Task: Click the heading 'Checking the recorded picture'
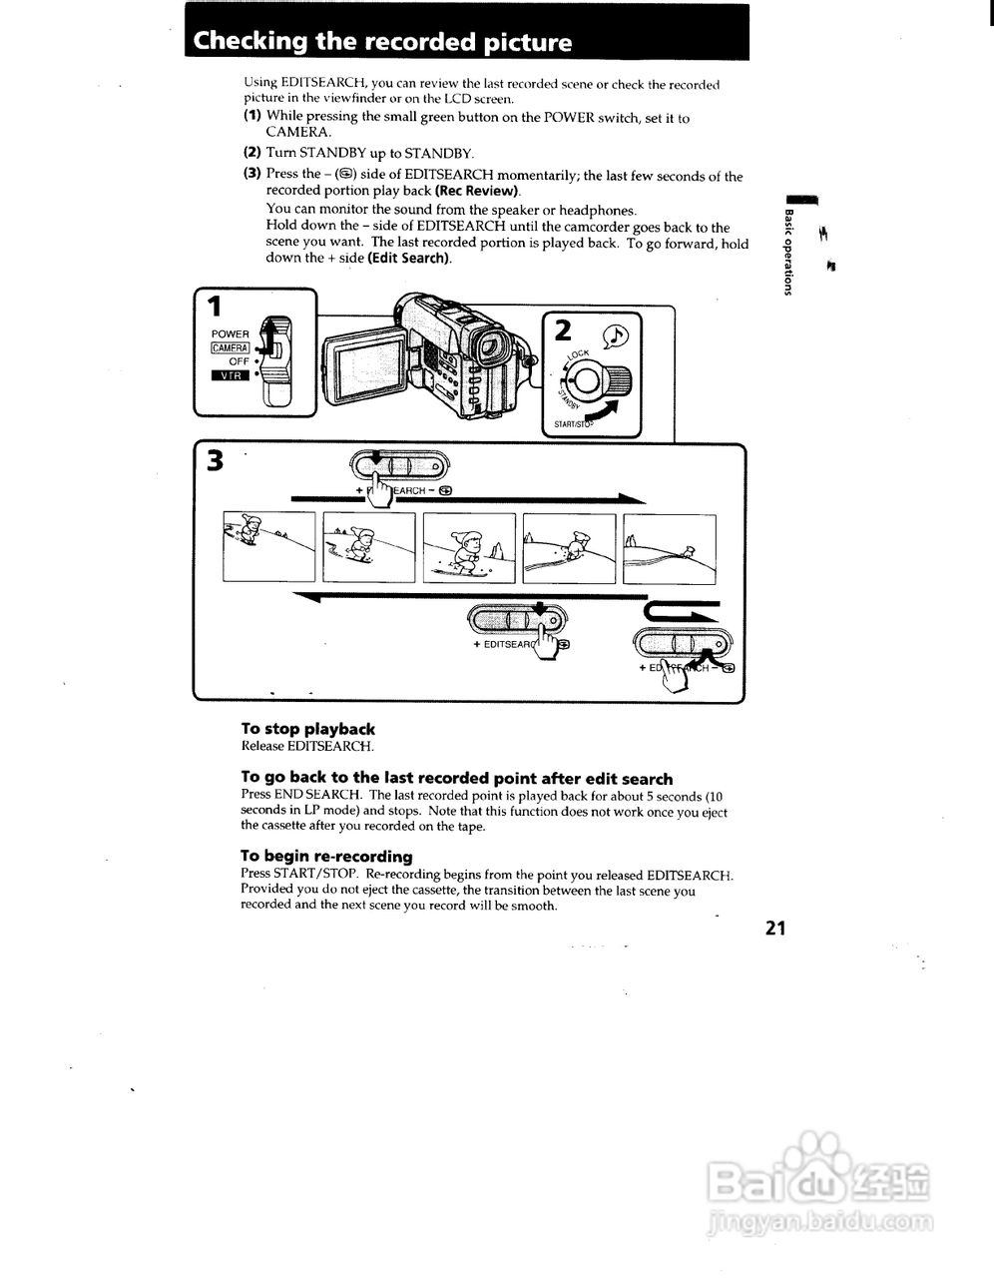[382, 42]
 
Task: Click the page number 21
[775, 929]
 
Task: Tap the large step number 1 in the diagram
[214, 307]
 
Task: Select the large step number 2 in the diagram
[562, 329]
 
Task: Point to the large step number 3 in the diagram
[214, 461]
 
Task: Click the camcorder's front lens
[489, 345]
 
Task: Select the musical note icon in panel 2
[615, 336]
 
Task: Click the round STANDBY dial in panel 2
[591, 381]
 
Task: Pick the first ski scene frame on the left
[268, 547]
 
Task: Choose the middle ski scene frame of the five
[469, 547]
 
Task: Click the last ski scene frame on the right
[669, 547]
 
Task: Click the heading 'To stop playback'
[307, 729]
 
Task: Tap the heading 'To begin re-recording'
[326, 856]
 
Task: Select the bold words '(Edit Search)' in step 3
[409, 258]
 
